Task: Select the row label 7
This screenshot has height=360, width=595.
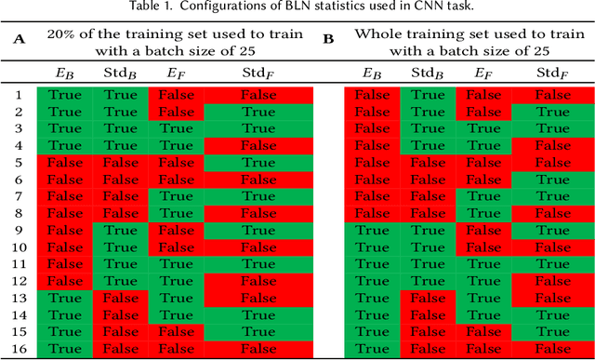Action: point(18,196)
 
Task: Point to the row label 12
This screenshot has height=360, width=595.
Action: point(18,281)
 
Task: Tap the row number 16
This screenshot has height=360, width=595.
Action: point(18,349)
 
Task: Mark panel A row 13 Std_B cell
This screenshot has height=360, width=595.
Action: point(121,298)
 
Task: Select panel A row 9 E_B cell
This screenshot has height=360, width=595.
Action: point(64,230)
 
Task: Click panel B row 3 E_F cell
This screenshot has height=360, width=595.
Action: point(483,128)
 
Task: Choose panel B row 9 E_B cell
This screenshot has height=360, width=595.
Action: point(372,230)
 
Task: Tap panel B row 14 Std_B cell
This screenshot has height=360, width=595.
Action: point(427,314)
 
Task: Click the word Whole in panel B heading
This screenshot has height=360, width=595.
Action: point(377,33)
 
